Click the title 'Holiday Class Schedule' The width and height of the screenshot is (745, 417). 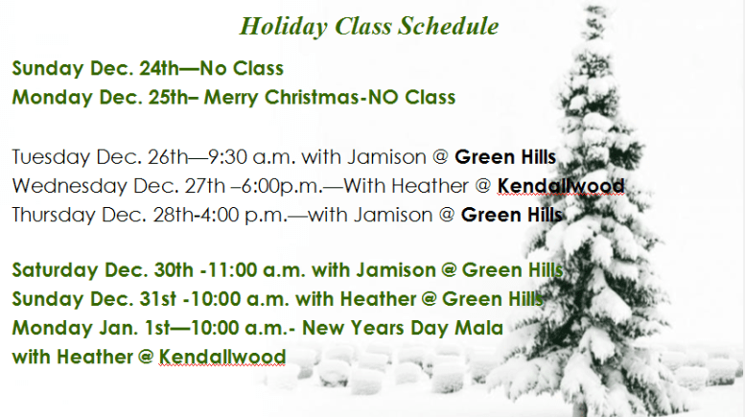368,27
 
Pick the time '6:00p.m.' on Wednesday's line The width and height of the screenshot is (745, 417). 258,185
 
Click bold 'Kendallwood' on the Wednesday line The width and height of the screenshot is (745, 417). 561,185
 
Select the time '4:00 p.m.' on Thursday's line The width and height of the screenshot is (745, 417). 225,214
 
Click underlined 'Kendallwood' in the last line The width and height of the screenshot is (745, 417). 222,357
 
